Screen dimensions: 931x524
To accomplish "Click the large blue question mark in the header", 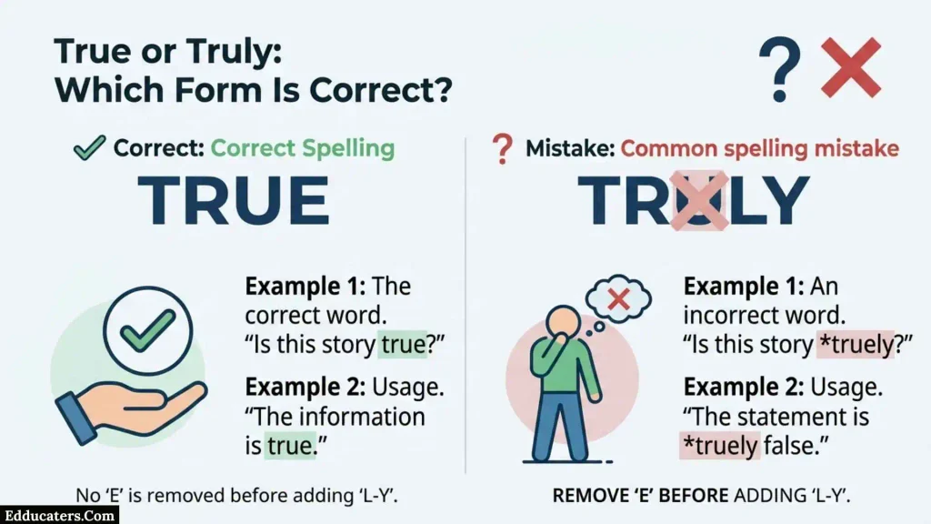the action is pyautogui.click(x=779, y=69).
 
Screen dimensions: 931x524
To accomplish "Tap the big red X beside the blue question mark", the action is pyautogui.click(x=851, y=67).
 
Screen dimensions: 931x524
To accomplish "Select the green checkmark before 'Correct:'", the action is pyautogui.click(x=89, y=147).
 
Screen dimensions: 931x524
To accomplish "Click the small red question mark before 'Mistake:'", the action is pyautogui.click(x=502, y=148).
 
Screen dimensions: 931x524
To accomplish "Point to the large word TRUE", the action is pyautogui.click(x=234, y=201).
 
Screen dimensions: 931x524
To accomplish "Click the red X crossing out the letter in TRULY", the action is pyautogui.click(x=699, y=201).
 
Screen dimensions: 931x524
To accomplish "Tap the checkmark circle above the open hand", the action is pyautogui.click(x=148, y=330).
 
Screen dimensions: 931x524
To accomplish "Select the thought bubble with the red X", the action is pyautogui.click(x=618, y=298).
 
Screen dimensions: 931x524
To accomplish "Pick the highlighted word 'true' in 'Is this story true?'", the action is pyautogui.click(x=403, y=345).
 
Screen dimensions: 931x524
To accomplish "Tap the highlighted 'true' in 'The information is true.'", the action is pyautogui.click(x=290, y=446).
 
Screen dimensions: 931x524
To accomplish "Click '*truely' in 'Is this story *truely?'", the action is pyautogui.click(x=856, y=345).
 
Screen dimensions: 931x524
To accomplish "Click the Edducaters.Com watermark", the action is pyautogui.click(x=59, y=515).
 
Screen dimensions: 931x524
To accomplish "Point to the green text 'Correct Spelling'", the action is pyautogui.click(x=303, y=148).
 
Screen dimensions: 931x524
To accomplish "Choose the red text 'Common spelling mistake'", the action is pyautogui.click(x=760, y=148).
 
